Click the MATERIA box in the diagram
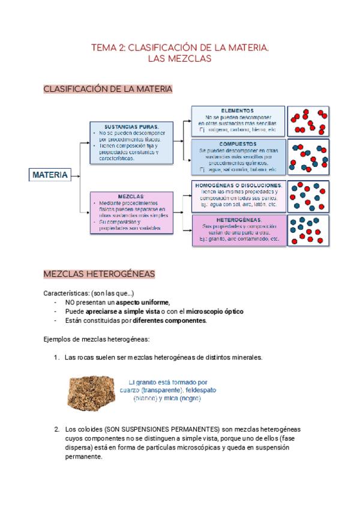point(50,175)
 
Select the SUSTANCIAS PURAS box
point(131,143)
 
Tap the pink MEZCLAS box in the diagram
point(131,212)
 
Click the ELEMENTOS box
point(237,121)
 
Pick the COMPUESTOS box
point(237,157)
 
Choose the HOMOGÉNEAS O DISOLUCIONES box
point(237,195)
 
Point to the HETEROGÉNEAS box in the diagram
point(237,229)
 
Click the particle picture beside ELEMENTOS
point(308,121)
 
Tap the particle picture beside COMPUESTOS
point(308,158)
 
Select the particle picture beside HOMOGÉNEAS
point(308,196)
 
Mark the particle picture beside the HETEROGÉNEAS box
point(308,230)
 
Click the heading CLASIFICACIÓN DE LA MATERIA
point(108,89)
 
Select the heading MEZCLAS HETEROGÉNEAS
point(100,274)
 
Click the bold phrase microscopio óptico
point(215,312)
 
